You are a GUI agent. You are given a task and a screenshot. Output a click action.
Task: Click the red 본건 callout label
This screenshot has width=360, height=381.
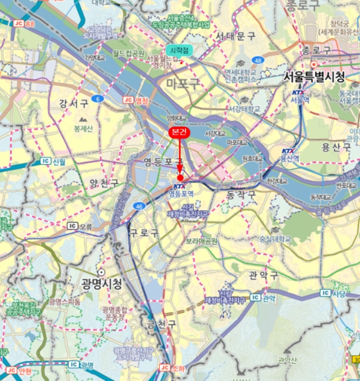[x=179, y=132]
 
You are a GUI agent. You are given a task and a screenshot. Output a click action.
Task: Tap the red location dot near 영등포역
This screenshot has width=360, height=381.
[x=180, y=177]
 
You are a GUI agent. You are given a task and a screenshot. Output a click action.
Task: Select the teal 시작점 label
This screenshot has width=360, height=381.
[x=179, y=50]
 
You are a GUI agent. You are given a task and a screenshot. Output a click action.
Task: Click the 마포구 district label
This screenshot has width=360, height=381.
[x=183, y=83]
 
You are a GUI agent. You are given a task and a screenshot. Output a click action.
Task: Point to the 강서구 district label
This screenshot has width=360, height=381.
[x=77, y=103]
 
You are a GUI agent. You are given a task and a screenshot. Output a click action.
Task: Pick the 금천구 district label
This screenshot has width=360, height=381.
[x=162, y=324]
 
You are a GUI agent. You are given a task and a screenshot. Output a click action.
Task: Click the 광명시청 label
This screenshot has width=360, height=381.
[x=102, y=284]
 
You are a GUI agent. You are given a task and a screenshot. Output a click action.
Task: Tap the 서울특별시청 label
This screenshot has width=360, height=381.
[x=314, y=77]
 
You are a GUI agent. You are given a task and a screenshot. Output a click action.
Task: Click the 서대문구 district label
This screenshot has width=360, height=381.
[x=236, y=36]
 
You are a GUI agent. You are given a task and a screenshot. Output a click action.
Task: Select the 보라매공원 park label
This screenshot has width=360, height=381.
[x=201, y=241]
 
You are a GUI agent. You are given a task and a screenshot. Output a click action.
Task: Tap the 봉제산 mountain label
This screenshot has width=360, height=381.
[x=83, y=128]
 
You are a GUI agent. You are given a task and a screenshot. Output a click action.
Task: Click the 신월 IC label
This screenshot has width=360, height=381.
[x=53, y=162]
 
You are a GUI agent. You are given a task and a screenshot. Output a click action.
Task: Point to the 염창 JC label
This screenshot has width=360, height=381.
[x=136, y=100]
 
